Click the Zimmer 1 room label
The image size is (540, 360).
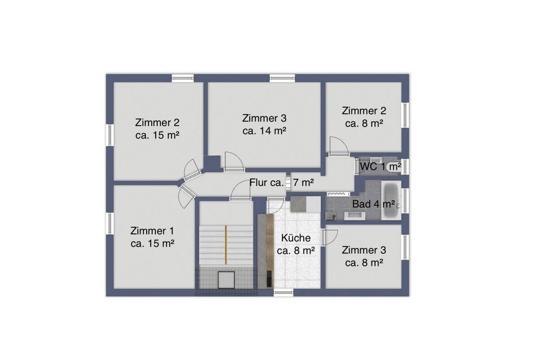coord(152,237)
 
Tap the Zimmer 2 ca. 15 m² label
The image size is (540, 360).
coord(157,129)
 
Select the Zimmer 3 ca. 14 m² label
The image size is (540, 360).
coord(265,124)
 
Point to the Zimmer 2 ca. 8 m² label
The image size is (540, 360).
coord(364,117)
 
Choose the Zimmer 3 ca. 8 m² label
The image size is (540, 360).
coord(364,256)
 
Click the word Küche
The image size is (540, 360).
coord(296,238)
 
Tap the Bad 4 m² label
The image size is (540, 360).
coord(373,204)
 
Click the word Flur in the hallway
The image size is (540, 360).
coord(258,183)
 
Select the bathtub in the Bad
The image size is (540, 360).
coord(391,200)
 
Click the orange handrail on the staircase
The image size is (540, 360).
coord(226,245)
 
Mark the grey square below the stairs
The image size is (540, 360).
coord(226,280)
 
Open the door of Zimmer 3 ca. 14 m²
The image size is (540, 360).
coord(234,162)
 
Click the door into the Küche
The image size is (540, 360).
coord(276,206)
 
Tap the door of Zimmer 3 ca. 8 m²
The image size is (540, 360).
coord(329,238)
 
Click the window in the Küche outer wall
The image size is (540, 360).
coord(283,293)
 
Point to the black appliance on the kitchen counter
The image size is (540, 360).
coord(270,279)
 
